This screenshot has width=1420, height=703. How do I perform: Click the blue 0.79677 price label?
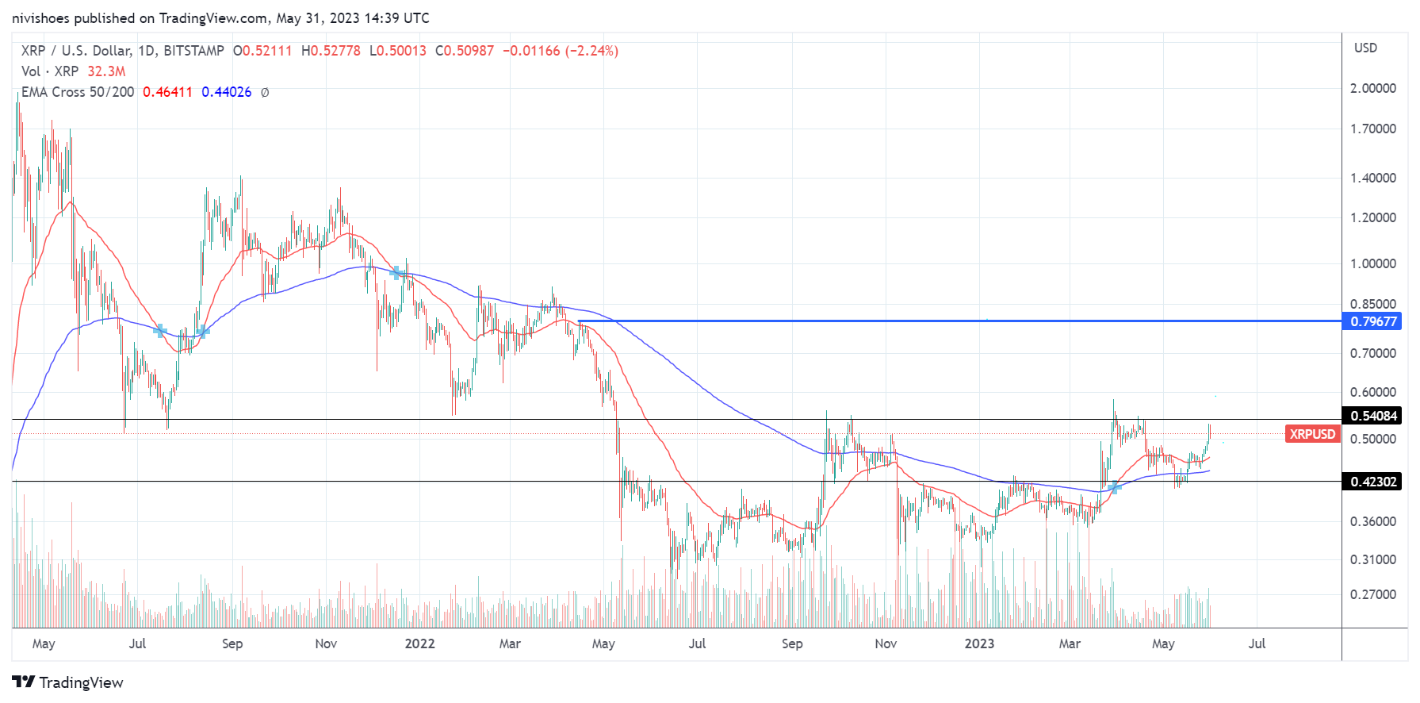coord(1374,321)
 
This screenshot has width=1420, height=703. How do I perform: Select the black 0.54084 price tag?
coord(1374,416)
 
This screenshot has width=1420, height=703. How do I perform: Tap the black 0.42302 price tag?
coord(1374,482)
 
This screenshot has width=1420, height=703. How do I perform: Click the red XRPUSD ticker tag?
coord(1312,434)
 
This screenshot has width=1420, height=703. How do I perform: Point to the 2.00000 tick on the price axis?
coord(1373,88)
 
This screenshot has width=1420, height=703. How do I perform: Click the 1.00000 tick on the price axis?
coord(1373,263)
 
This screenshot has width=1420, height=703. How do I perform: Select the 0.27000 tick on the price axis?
coord(1373,594)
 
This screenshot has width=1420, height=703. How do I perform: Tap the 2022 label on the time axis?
coord(419,643)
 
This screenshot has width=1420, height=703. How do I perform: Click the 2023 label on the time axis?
coord(979,643)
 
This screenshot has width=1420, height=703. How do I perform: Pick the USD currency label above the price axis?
coord(1365,48)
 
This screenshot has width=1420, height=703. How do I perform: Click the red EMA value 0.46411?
coord(167,92)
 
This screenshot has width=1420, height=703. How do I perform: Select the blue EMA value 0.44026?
coord(226,92)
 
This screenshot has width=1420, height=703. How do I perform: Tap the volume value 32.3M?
coord(106,71)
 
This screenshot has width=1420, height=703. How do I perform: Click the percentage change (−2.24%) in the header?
coord(591,51)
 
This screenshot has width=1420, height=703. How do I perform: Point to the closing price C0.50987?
coord(465,51)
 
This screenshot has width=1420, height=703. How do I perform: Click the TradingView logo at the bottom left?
coord(68,682)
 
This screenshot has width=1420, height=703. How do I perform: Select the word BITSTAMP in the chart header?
coord(193,51)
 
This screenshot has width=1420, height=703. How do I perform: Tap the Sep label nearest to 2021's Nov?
coord(232,643)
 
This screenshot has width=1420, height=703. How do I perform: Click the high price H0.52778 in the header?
coord(331,51)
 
